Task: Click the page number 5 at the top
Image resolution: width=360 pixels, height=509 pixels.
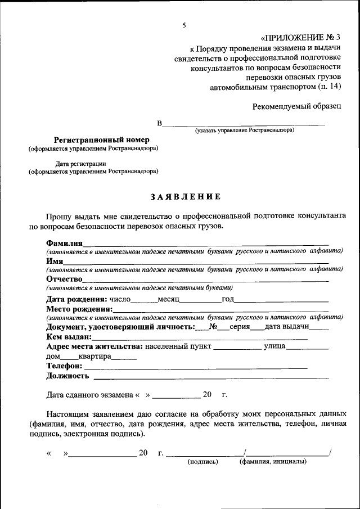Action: pos(184,25)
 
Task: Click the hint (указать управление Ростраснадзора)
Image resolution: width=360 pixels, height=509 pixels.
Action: pos(245,130)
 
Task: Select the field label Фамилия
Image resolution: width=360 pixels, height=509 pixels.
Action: pos(65,242)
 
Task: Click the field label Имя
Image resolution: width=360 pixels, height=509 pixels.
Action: pos(55,261)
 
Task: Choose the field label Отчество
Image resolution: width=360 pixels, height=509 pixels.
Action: pos(65,279)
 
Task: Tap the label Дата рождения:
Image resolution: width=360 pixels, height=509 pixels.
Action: pos(76,299)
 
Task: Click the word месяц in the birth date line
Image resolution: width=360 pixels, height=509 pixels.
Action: pos(168,299)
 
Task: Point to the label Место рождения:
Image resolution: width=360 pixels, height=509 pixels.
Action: pos(79,309)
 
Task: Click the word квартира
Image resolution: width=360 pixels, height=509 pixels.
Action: pos(94,356)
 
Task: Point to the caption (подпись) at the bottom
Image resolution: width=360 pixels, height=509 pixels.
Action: pos(202,461)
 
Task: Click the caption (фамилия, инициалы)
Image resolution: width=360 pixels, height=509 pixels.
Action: pos(273,461)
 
